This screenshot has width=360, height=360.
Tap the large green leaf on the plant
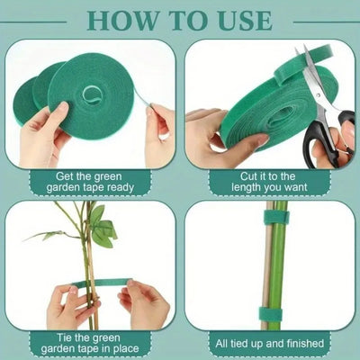(x=102, y=236)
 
